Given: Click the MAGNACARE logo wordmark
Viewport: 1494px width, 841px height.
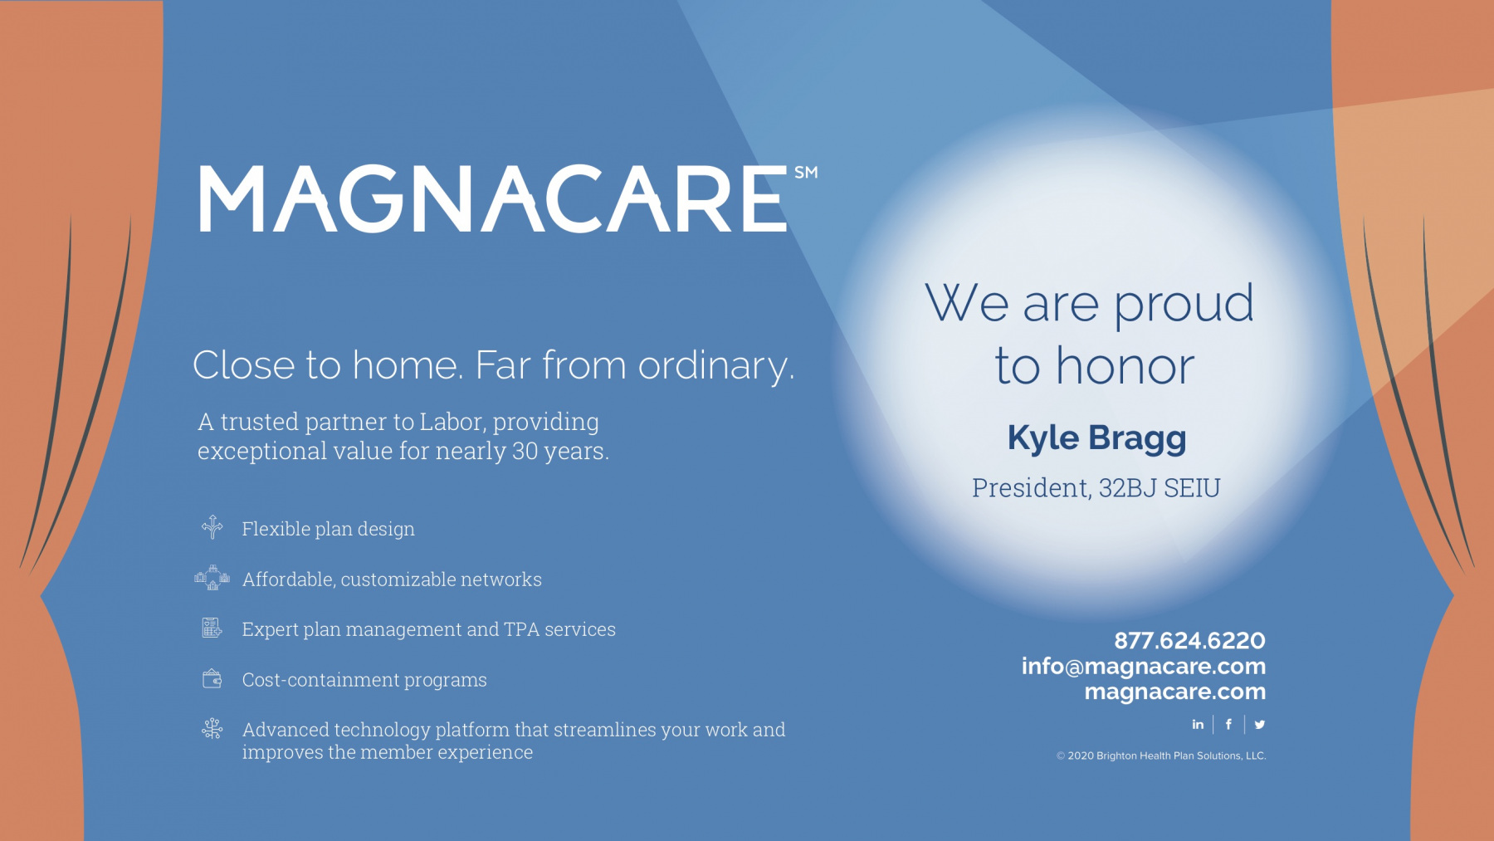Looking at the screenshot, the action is point(493,198).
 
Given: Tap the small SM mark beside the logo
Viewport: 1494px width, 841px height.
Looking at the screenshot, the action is point(806,173).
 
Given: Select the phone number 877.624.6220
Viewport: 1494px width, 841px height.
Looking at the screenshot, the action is point(1189,640).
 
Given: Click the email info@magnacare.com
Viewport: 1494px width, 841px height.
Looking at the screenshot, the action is point(1144,666).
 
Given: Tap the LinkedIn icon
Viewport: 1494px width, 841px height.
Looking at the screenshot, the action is point(1198,724).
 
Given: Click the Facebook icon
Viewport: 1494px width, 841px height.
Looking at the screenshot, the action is point(1228,724).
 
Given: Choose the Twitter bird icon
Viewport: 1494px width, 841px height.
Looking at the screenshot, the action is point(1260,724).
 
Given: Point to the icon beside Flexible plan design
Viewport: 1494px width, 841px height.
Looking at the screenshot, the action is point(212,526).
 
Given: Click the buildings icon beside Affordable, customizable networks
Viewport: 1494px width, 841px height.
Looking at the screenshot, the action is point(212,578).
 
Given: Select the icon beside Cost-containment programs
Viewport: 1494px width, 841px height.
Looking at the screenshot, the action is point(212,678).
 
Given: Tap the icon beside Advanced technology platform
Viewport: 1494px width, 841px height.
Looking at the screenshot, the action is point(212,728).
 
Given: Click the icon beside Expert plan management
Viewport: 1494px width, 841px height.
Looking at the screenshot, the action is point(212,628).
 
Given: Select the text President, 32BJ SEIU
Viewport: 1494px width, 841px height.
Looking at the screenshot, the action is point(1096,488).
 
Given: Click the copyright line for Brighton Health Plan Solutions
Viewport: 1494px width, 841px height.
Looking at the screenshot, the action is point(1161,755).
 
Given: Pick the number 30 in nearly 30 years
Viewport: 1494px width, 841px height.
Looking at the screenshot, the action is point(525,451).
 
